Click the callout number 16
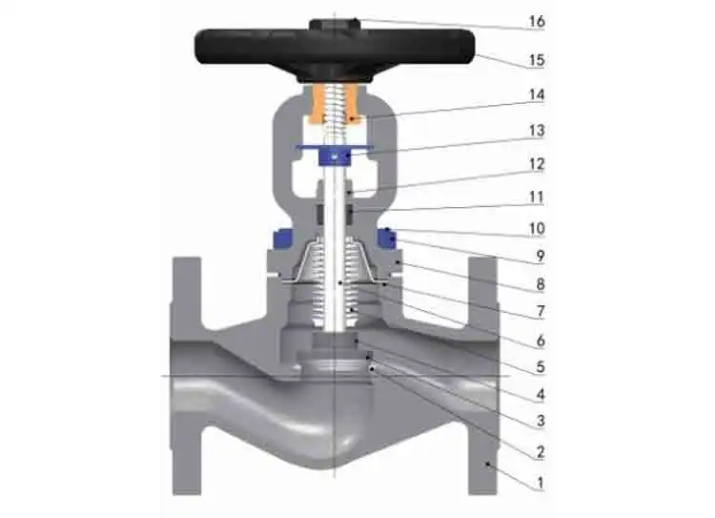[537, 21]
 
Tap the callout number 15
[537, 60]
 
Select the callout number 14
[537, 95]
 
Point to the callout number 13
[537, 131]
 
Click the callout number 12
[537, 164]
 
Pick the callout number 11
[537, 197]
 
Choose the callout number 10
[537, 228]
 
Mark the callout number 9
[541, 256]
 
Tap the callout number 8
[541, 284]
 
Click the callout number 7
[541, 312]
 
